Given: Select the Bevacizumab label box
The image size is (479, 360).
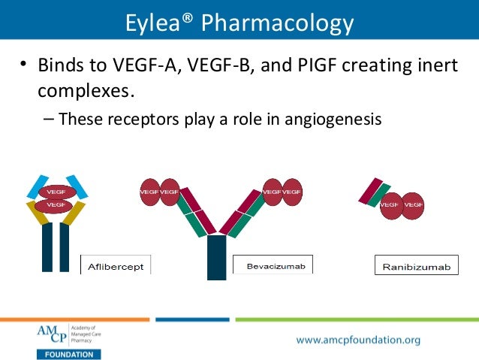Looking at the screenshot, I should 273,265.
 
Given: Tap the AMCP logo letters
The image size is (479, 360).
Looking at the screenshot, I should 51,334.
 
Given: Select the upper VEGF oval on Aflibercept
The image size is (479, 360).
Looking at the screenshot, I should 55,192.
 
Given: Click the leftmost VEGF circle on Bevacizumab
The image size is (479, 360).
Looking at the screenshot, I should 149,192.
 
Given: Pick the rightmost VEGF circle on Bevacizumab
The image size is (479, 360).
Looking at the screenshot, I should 291,192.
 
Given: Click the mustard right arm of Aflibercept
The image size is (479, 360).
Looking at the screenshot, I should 74,213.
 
